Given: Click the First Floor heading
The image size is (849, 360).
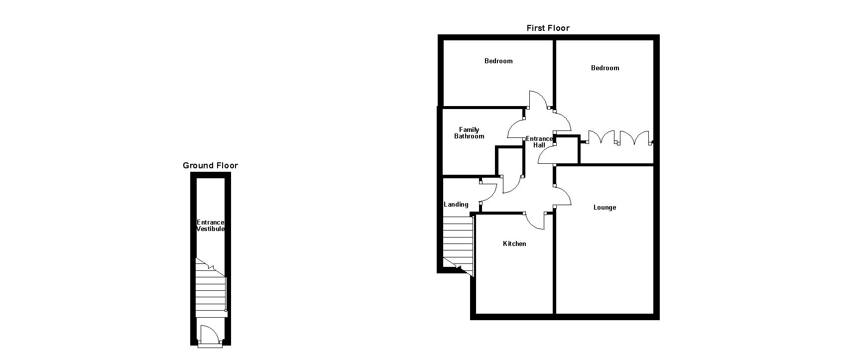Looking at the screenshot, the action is (548, 28).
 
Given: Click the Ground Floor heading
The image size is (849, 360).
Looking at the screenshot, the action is (210, 166).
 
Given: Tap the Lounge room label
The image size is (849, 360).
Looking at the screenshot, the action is (605, 208).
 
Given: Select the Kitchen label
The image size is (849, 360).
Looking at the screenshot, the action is (514, 244).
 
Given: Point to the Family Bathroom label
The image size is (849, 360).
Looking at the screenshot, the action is (469, 133).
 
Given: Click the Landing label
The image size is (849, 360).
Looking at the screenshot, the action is (456, 205).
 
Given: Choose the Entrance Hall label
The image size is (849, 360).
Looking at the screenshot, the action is (539, 142).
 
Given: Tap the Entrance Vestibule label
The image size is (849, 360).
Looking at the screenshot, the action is (211, 226).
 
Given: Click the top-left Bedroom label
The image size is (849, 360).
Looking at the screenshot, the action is (498, 61).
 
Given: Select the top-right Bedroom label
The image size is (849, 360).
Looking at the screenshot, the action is (605, 68).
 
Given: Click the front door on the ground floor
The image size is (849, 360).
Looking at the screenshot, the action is (210, 335).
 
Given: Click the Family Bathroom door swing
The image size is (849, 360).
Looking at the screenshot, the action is (516, 128).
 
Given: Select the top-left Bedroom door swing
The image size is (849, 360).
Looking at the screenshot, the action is (538, 100).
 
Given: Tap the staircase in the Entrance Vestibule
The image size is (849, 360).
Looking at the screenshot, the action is (211, 289).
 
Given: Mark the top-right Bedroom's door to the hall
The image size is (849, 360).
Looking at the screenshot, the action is (563, 121).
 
